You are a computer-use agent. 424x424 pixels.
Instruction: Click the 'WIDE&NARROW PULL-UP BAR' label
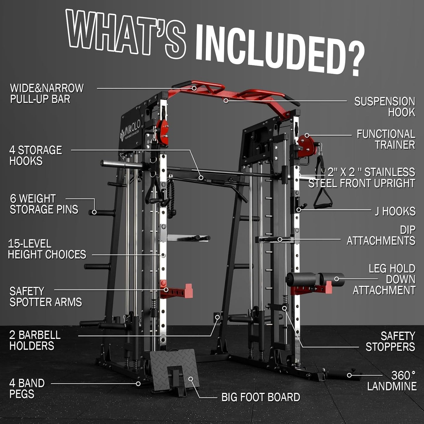coord(47,94)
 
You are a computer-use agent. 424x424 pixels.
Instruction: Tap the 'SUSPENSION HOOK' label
coord(384,107)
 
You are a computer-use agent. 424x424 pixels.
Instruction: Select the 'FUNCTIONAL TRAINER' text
coord(386,139)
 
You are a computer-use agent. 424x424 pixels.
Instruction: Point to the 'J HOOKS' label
coord(395,211)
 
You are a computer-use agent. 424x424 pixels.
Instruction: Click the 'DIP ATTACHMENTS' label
coord(381,235)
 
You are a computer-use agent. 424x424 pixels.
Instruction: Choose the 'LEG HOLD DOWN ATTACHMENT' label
coord(384,279)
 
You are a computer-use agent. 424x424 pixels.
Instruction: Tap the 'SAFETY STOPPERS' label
coord(390,342)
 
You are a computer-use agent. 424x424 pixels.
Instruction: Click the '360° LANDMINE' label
coord(392,381)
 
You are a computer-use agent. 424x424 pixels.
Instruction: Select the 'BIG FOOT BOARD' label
coord(261,397)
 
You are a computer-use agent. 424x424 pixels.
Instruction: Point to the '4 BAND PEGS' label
coord(27,388)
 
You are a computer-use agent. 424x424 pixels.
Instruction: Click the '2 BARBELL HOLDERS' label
coord(35,340)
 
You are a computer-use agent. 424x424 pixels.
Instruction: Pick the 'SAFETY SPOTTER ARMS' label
coord(45,297)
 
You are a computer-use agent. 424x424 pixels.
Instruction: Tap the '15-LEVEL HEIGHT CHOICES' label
coord(47,249)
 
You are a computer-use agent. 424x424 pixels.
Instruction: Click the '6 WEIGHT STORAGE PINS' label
coord(44,204)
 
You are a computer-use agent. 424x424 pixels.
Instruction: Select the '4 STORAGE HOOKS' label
coord(36,156)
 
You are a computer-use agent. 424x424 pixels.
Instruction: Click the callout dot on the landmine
coord(349,375)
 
